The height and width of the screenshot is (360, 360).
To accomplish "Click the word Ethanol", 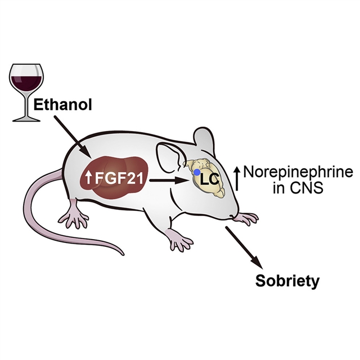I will pyautogui.click(x=62, y=105).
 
